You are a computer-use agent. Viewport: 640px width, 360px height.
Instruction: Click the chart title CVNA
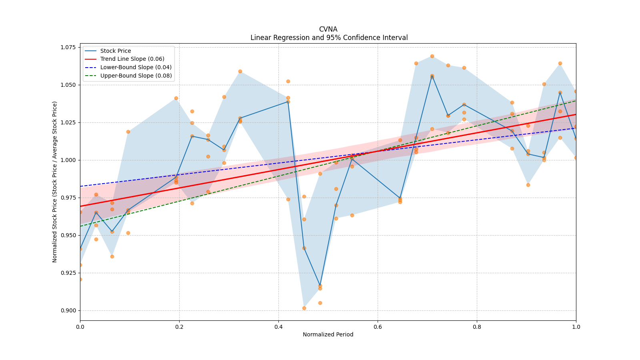328,29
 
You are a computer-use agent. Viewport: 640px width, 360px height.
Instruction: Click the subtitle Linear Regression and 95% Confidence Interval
329,38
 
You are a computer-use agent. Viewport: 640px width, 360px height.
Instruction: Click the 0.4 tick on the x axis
278,326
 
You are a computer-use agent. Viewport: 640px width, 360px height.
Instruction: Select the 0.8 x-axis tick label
477,326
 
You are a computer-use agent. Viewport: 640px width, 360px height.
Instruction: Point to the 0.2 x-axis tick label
179,326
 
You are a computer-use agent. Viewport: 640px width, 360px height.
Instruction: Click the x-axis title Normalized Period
328,334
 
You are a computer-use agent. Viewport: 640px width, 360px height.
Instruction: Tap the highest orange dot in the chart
432,56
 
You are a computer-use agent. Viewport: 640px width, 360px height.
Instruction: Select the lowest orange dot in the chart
304,308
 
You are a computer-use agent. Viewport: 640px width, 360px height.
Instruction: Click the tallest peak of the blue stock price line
432,76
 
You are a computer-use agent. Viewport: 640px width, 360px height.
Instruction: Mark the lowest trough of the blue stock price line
320,286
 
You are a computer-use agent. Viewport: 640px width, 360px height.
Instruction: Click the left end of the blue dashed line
80,186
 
